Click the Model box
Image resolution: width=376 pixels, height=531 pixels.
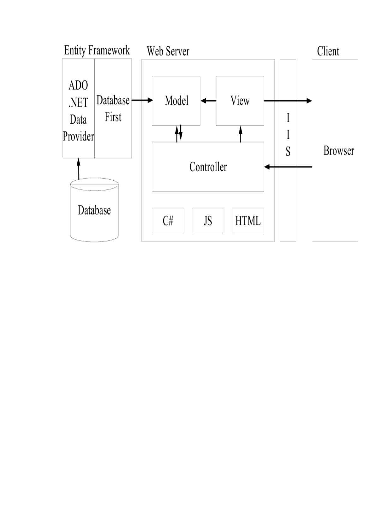pos(176,101)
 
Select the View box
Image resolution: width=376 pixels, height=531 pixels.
pos(240,101)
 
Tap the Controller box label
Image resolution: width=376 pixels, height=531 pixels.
pos(208,167)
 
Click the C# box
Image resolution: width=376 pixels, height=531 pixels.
pos(168,220)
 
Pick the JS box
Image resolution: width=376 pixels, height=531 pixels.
pos(208,220)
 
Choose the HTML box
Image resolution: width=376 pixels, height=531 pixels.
pos(248,220)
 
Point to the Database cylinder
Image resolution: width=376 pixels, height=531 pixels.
pos(94,210)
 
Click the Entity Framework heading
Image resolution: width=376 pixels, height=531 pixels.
pos(97,50)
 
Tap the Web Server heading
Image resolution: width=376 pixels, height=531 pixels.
pos(168,51)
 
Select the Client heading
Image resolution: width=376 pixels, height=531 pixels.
pos(328,51)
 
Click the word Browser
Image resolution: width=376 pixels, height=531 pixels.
pos(339,151)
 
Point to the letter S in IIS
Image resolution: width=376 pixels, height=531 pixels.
pos(288,152)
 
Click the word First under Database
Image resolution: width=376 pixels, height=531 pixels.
pos(113,117)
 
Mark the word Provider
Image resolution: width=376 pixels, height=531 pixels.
pos(78,137)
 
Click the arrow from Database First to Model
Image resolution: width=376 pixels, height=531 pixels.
pos(142,100)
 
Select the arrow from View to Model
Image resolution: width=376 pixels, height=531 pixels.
pos(208,101)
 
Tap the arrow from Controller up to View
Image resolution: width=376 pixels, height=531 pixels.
pos(241,134)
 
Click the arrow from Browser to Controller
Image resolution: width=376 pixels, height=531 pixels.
pos(288,167)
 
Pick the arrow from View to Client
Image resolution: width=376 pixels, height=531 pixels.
pos(288,101)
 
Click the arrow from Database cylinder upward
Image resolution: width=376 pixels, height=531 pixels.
pos(79,169)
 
